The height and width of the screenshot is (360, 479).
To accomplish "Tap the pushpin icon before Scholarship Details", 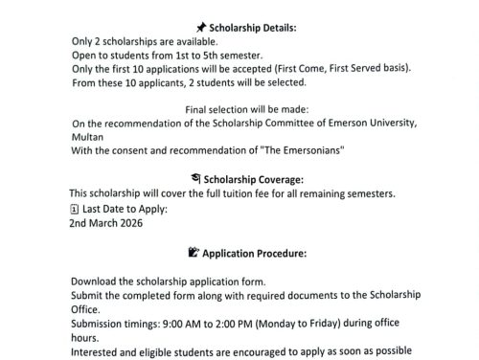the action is click(200, 29).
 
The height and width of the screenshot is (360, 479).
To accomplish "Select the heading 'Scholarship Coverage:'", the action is click(250, 179).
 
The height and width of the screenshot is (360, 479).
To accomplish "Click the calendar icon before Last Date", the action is click(76, 209).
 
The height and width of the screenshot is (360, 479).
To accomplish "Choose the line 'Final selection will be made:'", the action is click(239, 109).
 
